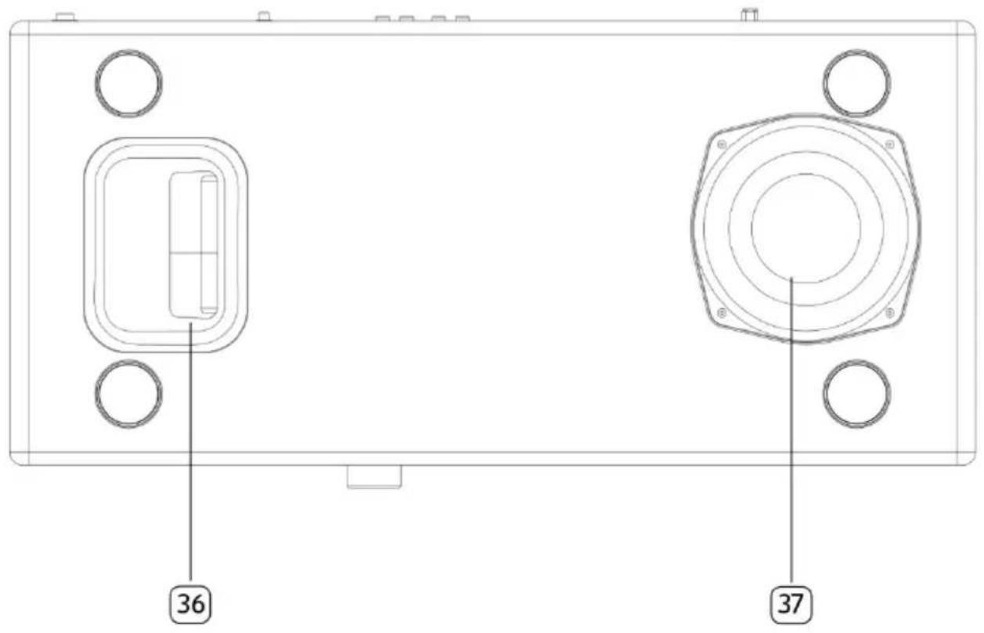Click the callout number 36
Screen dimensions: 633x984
click(192, 603)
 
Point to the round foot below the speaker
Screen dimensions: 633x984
click(856, 393)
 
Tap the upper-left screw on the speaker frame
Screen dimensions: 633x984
click(722, 145)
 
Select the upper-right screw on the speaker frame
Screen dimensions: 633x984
click(889, 145)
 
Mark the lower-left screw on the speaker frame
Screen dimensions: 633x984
click(722, 313)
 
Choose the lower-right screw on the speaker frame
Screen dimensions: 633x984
click(889, 313)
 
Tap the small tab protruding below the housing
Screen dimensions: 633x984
click(374, 477)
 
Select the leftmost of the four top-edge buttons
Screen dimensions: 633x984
click(384, 18)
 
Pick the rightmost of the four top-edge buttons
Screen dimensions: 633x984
click(463, 18)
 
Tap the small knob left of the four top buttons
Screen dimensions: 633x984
click(265, 16)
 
